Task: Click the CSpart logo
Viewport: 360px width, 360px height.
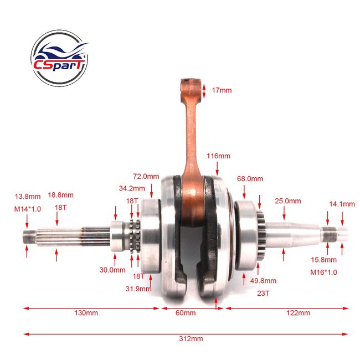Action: point(59,58)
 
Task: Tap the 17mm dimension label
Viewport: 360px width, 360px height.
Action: point(222,90)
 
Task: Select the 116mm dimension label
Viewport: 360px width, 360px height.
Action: point(218,156)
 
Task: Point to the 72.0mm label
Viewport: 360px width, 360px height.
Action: point(146,176)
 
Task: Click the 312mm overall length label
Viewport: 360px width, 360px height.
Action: point(191,338)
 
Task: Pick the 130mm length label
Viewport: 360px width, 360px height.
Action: point(86,313)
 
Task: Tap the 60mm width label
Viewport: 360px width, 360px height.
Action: point(186,313)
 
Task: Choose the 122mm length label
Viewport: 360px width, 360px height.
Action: point(298,313)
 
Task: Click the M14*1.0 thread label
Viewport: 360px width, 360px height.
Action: point(28,209)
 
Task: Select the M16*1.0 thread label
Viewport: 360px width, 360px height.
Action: point(323,272)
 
